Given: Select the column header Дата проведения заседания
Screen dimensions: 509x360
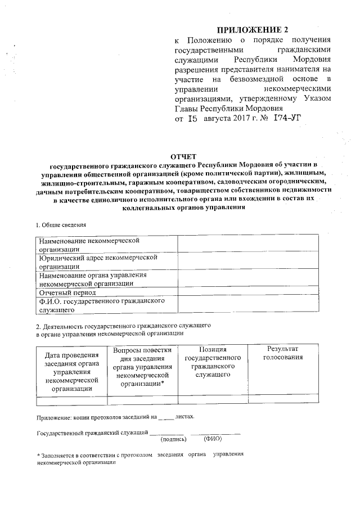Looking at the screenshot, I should (x=71, y=371).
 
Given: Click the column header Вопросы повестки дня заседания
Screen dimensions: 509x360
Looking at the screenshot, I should (x=142, y=366).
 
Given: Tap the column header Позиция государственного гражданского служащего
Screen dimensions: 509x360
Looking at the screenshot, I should (x=213, y=362).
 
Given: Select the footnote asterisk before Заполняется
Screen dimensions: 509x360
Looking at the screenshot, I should (x=38, y=454).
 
